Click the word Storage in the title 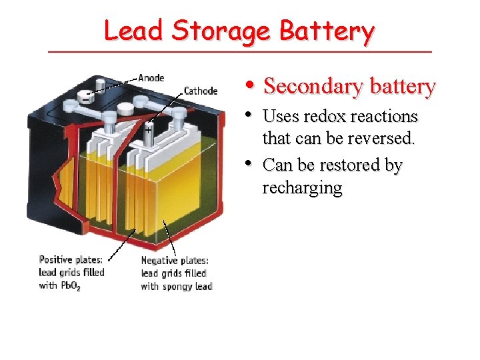coord(220,31)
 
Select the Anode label coord(151,78)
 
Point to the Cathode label coord(201,91)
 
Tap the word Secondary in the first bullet coord(311,86)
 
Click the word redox coord(323,116)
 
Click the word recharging coord(302,187)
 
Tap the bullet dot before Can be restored coord(249,163)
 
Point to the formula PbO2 coord(70,286)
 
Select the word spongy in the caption coord(177,286)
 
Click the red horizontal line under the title coord(240,52)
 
